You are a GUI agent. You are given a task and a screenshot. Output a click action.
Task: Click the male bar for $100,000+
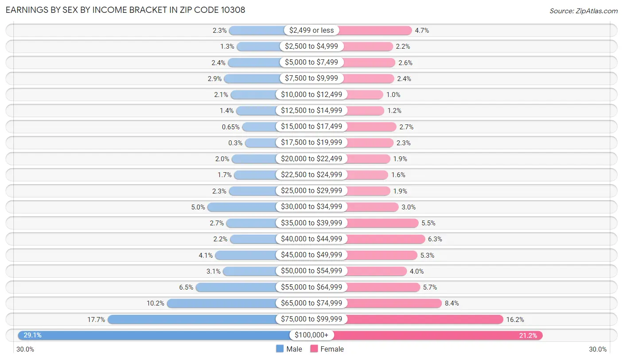[154, 335]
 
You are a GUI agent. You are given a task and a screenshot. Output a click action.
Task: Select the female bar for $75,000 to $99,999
[425, 319]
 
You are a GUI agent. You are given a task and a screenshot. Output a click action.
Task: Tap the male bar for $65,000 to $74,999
[222, 303]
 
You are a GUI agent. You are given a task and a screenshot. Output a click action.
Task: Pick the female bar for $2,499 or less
[375, 30]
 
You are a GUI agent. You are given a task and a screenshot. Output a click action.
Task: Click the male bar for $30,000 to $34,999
[242, 207]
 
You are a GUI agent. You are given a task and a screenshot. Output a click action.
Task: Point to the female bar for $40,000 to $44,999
[386, 239]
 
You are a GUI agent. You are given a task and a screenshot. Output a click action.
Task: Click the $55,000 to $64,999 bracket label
[311, 287]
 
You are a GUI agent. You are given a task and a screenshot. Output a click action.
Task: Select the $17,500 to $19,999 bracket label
[311, 142]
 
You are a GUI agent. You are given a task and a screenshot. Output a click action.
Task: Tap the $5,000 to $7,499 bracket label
[311, 62]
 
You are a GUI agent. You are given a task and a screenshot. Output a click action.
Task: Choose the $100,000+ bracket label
[311, 335]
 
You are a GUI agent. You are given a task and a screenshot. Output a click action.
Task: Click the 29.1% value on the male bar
[32, 335]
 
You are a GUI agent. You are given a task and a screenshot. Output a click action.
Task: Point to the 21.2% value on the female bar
[528, 336]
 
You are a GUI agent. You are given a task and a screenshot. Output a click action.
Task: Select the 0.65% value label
[230, 127]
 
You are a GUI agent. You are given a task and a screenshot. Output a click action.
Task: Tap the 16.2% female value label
[515, 320]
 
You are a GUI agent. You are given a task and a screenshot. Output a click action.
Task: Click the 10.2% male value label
[156, 303]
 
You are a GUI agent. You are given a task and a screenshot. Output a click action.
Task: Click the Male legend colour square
[280, 348]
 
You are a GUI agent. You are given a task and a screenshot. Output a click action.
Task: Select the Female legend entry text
[332, 349]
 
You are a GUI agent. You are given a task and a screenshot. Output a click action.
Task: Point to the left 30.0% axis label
[25, 349]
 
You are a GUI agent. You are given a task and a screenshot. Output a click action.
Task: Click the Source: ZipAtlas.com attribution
[584, 11]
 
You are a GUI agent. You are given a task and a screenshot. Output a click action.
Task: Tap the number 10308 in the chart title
[233, 10]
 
